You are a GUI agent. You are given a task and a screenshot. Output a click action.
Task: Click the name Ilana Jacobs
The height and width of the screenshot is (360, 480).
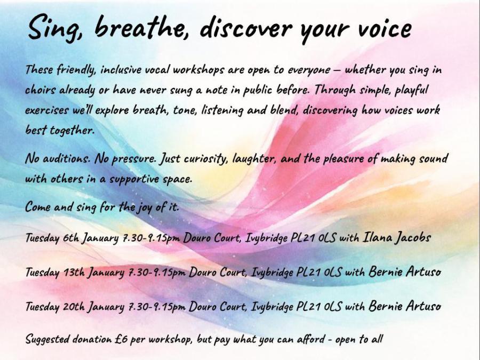click(397, 237)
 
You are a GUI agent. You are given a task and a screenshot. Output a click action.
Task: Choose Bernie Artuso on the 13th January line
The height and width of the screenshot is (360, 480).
click(405, 271)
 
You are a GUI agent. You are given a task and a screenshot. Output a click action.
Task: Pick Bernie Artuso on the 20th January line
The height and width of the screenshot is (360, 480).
click(405, 306)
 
